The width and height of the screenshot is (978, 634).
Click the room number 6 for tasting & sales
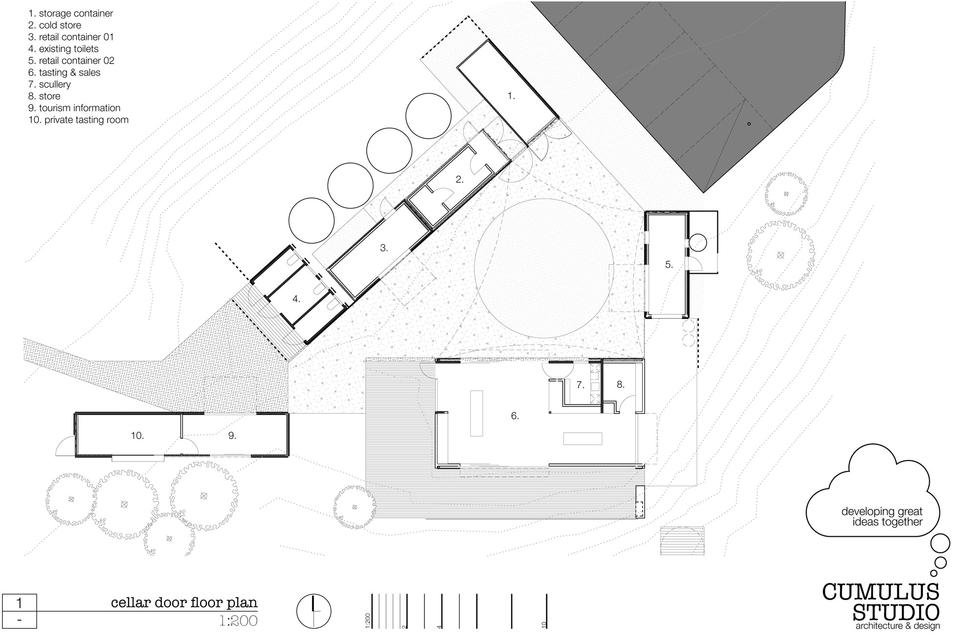tap(514, 416)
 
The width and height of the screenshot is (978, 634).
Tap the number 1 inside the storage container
tap(511, 96)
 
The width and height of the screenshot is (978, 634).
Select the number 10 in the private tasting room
tap(137, 436)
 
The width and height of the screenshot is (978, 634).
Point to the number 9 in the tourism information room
tap(232, 436)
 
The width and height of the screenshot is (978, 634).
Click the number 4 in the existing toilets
tap(296, 299)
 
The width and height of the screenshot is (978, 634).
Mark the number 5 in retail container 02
tap(668, 264)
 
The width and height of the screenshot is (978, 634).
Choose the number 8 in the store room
tap(620, 385)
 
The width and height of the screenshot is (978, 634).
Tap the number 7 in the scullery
tap(580, 385)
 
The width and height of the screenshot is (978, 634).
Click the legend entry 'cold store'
tap(55, 25)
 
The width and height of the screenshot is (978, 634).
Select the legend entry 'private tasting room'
tap(78, 120)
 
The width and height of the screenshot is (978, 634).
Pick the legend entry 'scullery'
tap(49, 85)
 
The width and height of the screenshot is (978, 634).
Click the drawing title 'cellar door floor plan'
tap(184, 603)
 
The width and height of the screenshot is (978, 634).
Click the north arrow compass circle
tap(313, 612)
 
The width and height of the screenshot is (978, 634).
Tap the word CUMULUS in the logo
tap(881, 591)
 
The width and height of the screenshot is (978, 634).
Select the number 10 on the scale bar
tap(544, 625)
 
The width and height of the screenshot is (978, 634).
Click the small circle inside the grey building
tap(749, 124)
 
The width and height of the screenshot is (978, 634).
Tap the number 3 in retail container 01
tap(384, 248)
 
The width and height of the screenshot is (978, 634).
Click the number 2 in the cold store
tap(459, 179)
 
